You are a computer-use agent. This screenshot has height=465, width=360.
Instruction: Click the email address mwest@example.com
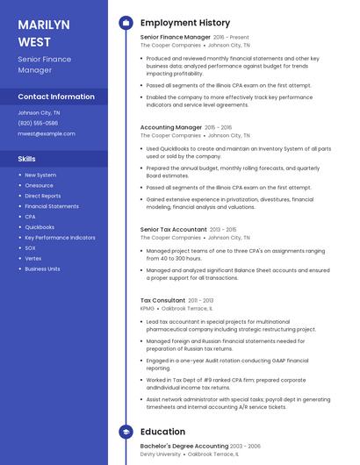(47, 133)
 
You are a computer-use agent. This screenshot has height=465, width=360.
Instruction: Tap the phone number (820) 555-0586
(38, 123)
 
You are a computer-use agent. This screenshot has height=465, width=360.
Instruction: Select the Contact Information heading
(56, 97)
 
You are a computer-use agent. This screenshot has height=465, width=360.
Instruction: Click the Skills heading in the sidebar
(26, 159)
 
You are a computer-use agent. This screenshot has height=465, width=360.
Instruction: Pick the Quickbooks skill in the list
(40, 227)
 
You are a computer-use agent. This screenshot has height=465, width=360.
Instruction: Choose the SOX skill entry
(30, 248)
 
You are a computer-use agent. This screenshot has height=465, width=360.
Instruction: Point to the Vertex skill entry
(33, 259)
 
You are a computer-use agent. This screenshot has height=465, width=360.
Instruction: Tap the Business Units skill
(42, 269)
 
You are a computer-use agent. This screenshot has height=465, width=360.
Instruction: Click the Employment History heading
(184, 23)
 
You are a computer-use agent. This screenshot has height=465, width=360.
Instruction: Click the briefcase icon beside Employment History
(126, 23)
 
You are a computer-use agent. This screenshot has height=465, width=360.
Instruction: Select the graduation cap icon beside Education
(126, 432)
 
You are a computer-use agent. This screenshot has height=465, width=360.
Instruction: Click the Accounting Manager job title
(170, 127)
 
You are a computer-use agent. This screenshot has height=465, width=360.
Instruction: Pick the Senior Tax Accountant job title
(173, 229)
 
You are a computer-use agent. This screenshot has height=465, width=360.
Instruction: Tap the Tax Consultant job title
(162, 300)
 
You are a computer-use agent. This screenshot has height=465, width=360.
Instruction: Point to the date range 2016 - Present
(231, 38)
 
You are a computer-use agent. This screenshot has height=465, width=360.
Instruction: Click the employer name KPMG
(148, 308)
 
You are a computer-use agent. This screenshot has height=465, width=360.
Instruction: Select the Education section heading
(162, 432)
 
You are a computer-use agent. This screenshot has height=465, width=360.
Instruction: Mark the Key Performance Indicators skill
(60, 238)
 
